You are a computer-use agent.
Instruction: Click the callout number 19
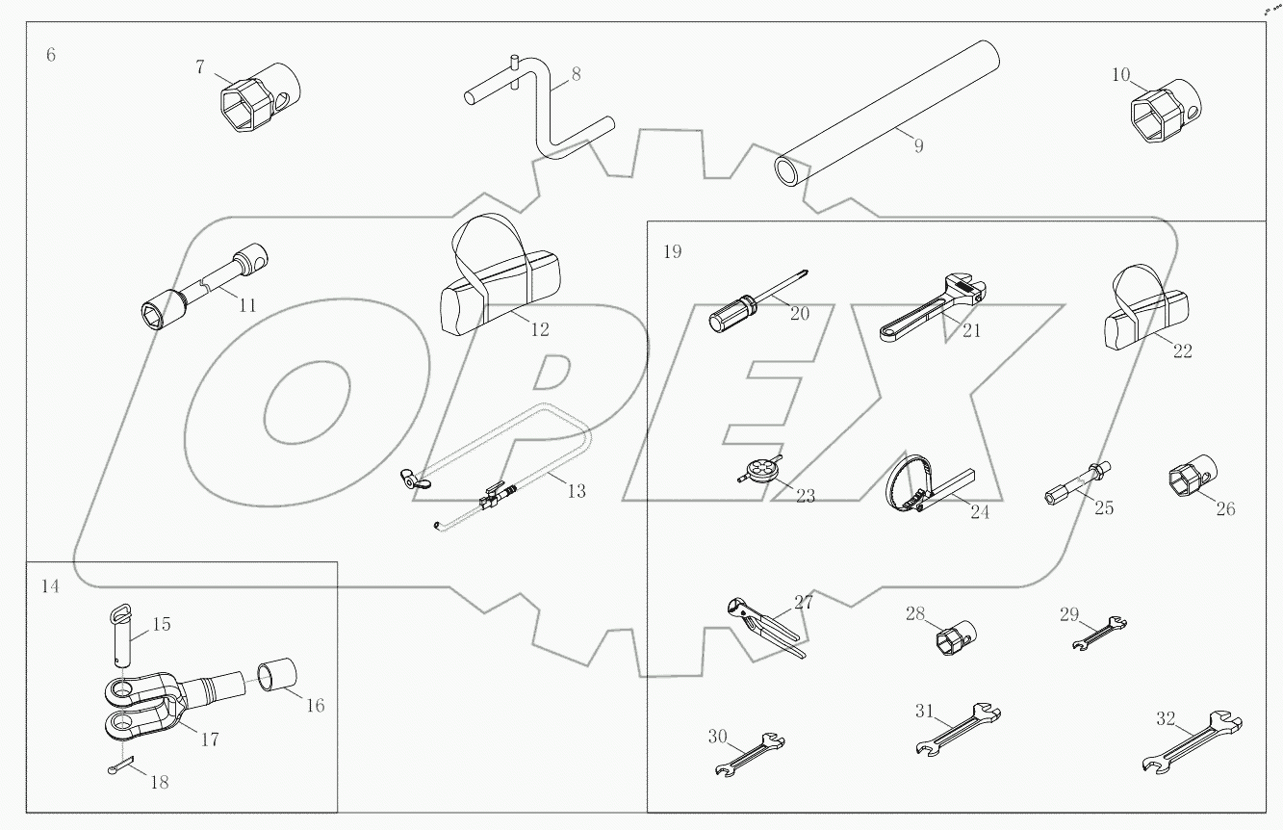coord(672,252)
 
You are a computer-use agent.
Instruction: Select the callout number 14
coord(50,586)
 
